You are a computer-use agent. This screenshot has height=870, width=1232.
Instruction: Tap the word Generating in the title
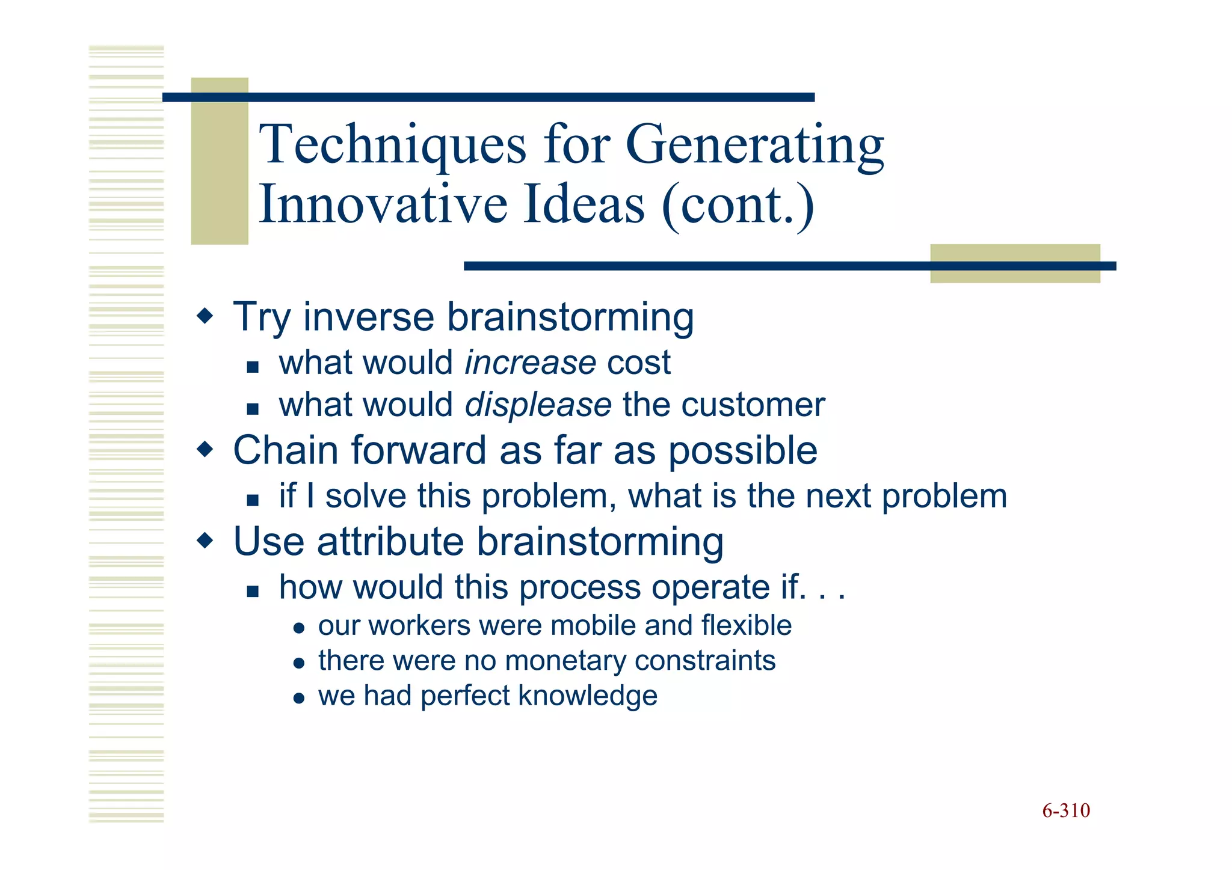point(755,145)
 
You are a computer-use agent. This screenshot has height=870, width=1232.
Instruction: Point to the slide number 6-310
point(1065,811)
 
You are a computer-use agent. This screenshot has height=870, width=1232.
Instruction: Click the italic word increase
point(530,363)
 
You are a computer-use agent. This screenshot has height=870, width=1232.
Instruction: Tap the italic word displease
point(538,405)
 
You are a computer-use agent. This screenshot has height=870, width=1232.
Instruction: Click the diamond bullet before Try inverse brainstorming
point(205,316)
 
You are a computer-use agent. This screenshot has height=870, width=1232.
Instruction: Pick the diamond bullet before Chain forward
point(205,449)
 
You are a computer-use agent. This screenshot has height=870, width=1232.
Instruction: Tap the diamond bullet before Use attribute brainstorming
point(205,541)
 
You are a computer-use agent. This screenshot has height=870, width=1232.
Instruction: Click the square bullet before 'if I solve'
point(253,500)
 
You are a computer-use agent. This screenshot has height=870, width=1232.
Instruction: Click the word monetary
point(565,661)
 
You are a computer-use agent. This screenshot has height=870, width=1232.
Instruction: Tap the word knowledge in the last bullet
point(587,696)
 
